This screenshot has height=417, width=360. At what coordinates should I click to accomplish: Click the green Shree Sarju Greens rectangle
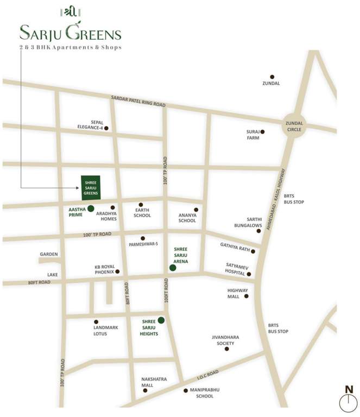90,187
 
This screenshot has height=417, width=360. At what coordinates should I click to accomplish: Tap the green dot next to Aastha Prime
91,208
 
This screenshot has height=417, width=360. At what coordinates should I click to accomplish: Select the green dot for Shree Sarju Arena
173,268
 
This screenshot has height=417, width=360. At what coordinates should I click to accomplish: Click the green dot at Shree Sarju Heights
161,320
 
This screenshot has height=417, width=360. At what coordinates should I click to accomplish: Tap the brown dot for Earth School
141,205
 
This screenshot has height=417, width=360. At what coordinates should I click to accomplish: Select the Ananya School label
187,218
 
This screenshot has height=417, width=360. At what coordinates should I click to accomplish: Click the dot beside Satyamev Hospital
249,274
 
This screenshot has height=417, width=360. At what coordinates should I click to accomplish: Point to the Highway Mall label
237,294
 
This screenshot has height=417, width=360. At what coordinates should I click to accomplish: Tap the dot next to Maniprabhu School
186,390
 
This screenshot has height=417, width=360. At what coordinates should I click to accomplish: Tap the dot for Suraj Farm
262,131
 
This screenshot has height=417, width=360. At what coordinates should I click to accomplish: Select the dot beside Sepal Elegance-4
106,128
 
